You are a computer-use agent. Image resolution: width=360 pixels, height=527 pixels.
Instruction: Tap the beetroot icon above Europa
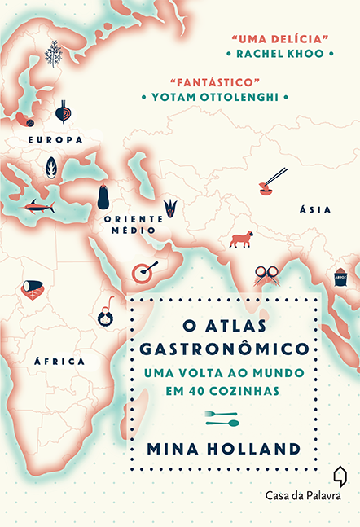(62, 112)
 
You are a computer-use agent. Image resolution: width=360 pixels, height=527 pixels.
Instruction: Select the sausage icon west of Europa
(24, 120)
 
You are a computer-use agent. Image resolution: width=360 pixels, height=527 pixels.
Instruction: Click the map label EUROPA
(55, 140)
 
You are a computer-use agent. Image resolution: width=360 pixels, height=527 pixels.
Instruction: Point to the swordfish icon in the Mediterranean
(38, 206)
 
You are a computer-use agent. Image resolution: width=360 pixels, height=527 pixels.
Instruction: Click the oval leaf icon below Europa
(51, 168)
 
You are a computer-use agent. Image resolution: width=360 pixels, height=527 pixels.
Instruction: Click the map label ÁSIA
(314, 209)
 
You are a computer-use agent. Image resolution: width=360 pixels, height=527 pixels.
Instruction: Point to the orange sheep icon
(241, 239)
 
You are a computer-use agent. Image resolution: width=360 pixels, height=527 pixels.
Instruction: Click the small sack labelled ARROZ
(340, 276)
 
